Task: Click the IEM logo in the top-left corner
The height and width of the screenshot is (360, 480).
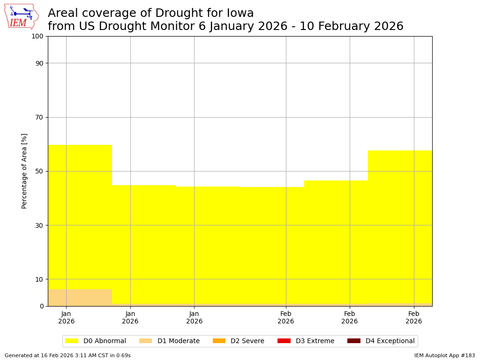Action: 21,16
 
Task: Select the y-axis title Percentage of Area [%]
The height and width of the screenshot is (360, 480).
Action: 24,171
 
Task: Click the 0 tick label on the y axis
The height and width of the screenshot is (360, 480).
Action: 42,306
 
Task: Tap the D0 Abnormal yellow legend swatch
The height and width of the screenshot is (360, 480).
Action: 72,341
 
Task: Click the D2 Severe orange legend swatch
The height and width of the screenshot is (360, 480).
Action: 219,341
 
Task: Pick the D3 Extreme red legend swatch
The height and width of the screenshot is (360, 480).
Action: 284,341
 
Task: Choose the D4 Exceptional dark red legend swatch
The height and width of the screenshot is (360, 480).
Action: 354,341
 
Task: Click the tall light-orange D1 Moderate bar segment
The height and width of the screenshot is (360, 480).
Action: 80,297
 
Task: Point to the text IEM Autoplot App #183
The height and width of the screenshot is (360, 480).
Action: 444,356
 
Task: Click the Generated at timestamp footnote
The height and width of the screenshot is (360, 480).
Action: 67,356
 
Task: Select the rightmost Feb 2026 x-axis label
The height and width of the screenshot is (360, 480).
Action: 413,317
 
